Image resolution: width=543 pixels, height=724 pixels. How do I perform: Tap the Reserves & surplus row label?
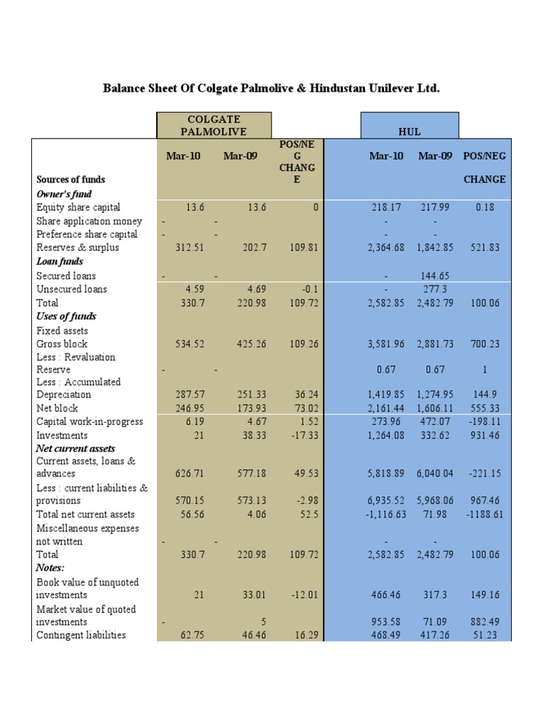point(78,247)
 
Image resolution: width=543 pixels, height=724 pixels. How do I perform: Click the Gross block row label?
point(62,344)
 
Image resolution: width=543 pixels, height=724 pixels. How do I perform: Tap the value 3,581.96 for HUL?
point(385,344)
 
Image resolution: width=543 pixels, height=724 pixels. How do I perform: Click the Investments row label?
point(62,435)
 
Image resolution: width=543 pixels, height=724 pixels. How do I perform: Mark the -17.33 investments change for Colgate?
point(303,435)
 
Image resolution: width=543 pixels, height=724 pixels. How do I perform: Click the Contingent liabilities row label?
point(81,635)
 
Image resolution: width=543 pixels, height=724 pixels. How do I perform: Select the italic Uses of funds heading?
point(66,316)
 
